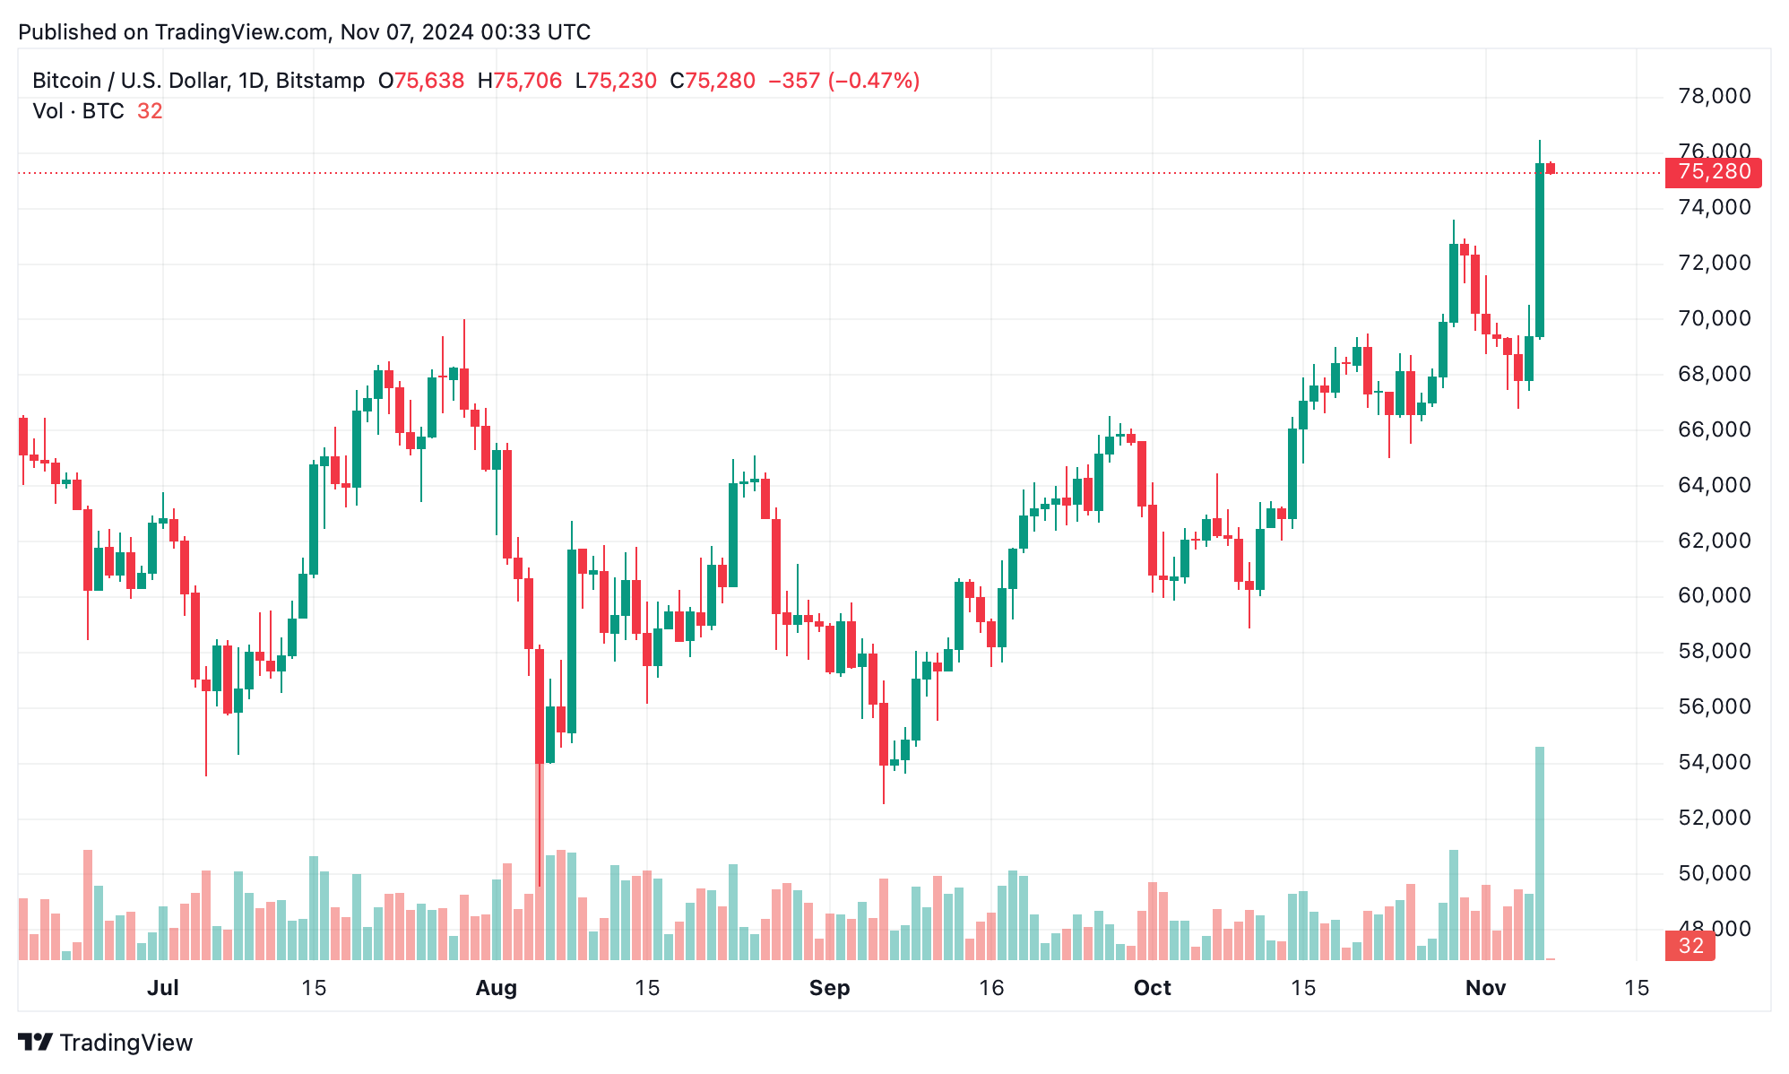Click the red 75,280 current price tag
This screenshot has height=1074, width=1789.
pyautogui.click(x=1712, y=172)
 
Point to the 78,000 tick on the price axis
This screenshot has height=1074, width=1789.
pyautogui.click(x=1714, y=96)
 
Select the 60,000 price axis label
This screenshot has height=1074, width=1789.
pyautogui.click(x=1714, y=595)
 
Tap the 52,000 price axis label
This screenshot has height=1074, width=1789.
pyautogui.click(x=1714, y=818)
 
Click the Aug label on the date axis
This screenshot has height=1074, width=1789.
pyautogui.click(x=496, y=988)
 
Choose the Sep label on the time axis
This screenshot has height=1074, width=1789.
pyautogui.click(x=829, y=988)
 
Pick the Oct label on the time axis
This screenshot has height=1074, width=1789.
pyautogui.click(x=1152, y=988)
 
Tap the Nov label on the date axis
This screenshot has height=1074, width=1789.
pyautogui.click(x=1485, y=988)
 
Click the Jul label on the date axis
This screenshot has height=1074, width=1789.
pyautogui.click(x=162, y=988)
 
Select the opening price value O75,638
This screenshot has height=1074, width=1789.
pyautogui.click(x=421, y=81)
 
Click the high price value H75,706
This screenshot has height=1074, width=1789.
pyautogui.click(x=520, y=81)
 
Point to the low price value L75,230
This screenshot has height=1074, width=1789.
pyautogui.click(x=616, y=81)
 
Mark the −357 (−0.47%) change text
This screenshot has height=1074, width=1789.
pyautogui.click(x=843, y=81)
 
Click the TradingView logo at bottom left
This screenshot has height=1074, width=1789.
pyautogui.click(x=105, y=1043)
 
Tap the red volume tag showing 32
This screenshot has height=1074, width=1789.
pyautogui.click(x=1690, y=946)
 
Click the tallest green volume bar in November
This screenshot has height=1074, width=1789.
pyautogui.click(x=1540, y=852)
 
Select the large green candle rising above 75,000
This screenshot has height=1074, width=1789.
pyautogui.click(x=1540, y=251)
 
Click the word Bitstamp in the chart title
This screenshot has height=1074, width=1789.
pyautogui.click(x=320, y=81)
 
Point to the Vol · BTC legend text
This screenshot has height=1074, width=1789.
pyautogui.click(x=78, y=111)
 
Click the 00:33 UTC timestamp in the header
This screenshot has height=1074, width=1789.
pyautogui.click(x=535, y=32)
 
